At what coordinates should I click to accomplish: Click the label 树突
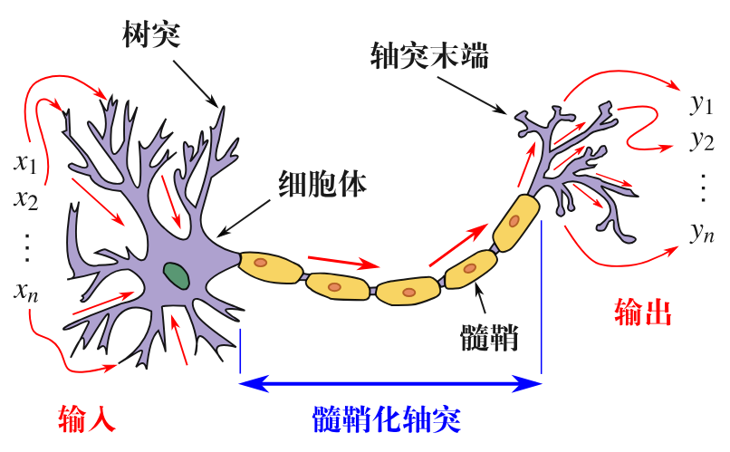point(152,36)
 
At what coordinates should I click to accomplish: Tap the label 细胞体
point(322,185)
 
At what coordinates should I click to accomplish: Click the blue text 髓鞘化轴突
point(387,420)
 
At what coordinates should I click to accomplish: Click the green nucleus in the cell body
point(176,273)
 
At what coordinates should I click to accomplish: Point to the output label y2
point(701,140)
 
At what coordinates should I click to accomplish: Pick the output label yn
point(701,233)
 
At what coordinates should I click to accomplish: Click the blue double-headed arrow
point(390,385)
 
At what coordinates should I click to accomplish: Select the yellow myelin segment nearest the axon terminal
point(516,220)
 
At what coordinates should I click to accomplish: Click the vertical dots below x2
point(25,245)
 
